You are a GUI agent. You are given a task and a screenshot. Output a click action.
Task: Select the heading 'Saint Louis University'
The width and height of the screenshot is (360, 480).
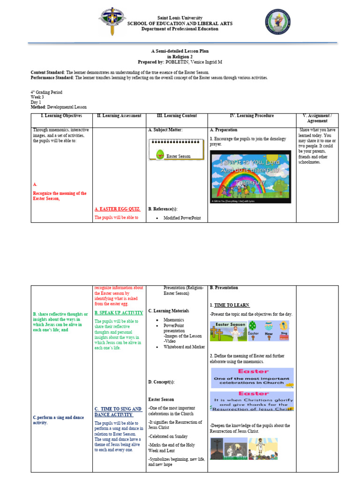[x=180, y=18]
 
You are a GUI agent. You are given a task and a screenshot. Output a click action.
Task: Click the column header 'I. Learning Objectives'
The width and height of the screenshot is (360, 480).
[x=61, y=116]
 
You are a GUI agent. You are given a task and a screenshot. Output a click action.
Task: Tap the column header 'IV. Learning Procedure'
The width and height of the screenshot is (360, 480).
[x=252, y=116]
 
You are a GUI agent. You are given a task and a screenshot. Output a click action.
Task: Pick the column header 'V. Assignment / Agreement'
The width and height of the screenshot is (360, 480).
[x=317, y=118]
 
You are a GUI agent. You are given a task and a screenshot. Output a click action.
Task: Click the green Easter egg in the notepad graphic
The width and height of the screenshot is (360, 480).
[x=160, y=153]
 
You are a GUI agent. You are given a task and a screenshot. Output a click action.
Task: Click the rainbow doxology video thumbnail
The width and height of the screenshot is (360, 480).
[x=250, y=176]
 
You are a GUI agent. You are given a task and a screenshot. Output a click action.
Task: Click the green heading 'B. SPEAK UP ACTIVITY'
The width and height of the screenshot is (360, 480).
[x=119, y=313]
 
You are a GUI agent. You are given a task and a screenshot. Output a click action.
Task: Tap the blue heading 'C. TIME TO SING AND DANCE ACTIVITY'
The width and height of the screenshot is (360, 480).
[x=118, y=412]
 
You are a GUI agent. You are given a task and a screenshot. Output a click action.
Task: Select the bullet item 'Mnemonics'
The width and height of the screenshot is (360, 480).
[x=173, y=320]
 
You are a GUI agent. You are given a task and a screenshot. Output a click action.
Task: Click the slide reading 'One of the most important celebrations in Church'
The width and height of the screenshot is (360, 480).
[x=252, y=378]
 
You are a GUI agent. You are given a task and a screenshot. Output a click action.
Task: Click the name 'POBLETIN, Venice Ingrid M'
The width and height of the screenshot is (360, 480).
[x=193, y=62]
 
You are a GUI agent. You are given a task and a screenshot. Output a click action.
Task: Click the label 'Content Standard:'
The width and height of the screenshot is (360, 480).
[x=48, y=73]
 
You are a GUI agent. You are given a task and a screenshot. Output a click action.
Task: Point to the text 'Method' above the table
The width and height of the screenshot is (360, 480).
[x=38, y=107]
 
